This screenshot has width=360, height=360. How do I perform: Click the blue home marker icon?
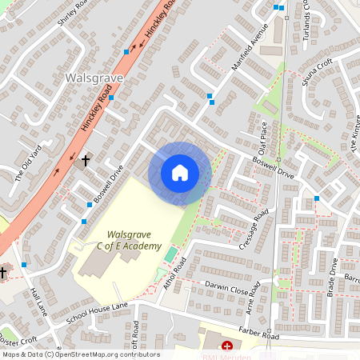click(180, 172)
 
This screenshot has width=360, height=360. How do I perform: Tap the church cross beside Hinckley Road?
click(86, 160)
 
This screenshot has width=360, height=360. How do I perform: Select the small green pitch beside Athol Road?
click(170, 254)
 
